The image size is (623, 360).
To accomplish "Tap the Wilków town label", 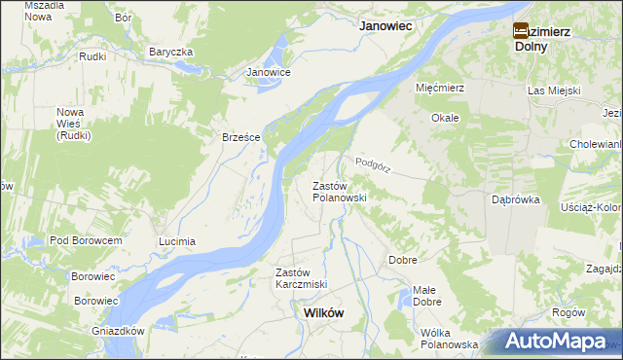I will pyautogui.click(x=323, y=313).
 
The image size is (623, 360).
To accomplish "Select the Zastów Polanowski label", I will pyautogui.click(x=339, y=191).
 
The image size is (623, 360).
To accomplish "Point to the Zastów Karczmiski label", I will pyautogui.click(x=301, y=278).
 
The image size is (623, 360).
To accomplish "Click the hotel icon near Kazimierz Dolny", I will pyautogui.click(x=521, y=30).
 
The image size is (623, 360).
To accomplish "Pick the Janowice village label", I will pyautogui.click(x=269, y=72).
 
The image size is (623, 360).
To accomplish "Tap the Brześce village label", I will pyautogui.click(x=241, y=137).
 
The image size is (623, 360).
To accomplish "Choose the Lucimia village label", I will pyautogui.click(x=177, y=240).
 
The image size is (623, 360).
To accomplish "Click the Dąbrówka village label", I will pyautogui.click(x=516, y=199).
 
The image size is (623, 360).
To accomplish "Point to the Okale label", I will pyautogui.click(x=446, y=117).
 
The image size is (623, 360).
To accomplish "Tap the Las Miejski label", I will pyautogui.click(x=554, y=90).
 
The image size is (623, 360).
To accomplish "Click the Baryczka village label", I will pyautogui.click(x=171, y=52).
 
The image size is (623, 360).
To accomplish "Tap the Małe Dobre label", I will pyautogui.click(x=425, y=296).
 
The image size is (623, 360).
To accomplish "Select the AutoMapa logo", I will pyautogui.click(x=557, y=342).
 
